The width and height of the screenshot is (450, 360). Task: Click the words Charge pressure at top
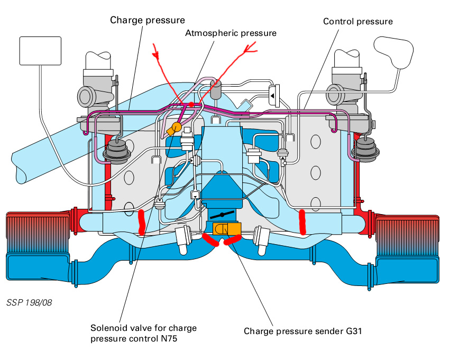(148, 20)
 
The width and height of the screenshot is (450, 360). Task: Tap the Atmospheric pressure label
(231, 33)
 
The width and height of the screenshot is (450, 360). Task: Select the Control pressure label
(358, 22)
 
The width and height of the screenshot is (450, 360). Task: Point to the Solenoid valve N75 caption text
(143, 333)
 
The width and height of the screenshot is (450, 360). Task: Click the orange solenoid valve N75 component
(175, 127)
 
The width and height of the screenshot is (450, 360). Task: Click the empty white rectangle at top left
(40, 50)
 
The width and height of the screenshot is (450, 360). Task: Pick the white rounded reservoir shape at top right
(394, 52)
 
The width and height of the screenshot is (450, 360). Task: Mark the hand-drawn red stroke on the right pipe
(303, 222)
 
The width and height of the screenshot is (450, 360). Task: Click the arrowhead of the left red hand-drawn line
(155, 52)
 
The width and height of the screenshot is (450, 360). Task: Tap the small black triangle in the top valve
(272, 95)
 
